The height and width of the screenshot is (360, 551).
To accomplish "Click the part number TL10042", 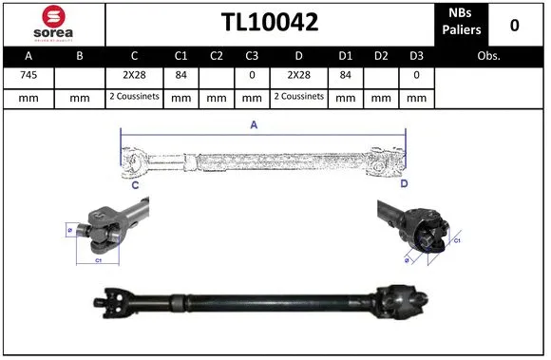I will [270, 23].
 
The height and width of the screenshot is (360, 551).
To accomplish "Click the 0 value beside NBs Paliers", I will [514, 25].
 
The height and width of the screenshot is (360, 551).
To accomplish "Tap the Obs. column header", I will [489, 56].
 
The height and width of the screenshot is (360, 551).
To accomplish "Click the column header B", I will [80, 56].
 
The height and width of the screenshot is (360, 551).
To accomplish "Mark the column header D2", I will [382, 56].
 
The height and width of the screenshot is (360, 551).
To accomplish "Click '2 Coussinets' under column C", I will [134, 97].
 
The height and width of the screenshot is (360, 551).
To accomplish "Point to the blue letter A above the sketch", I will [253, 123].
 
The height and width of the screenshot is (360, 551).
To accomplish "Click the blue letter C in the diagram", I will [135, 185].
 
